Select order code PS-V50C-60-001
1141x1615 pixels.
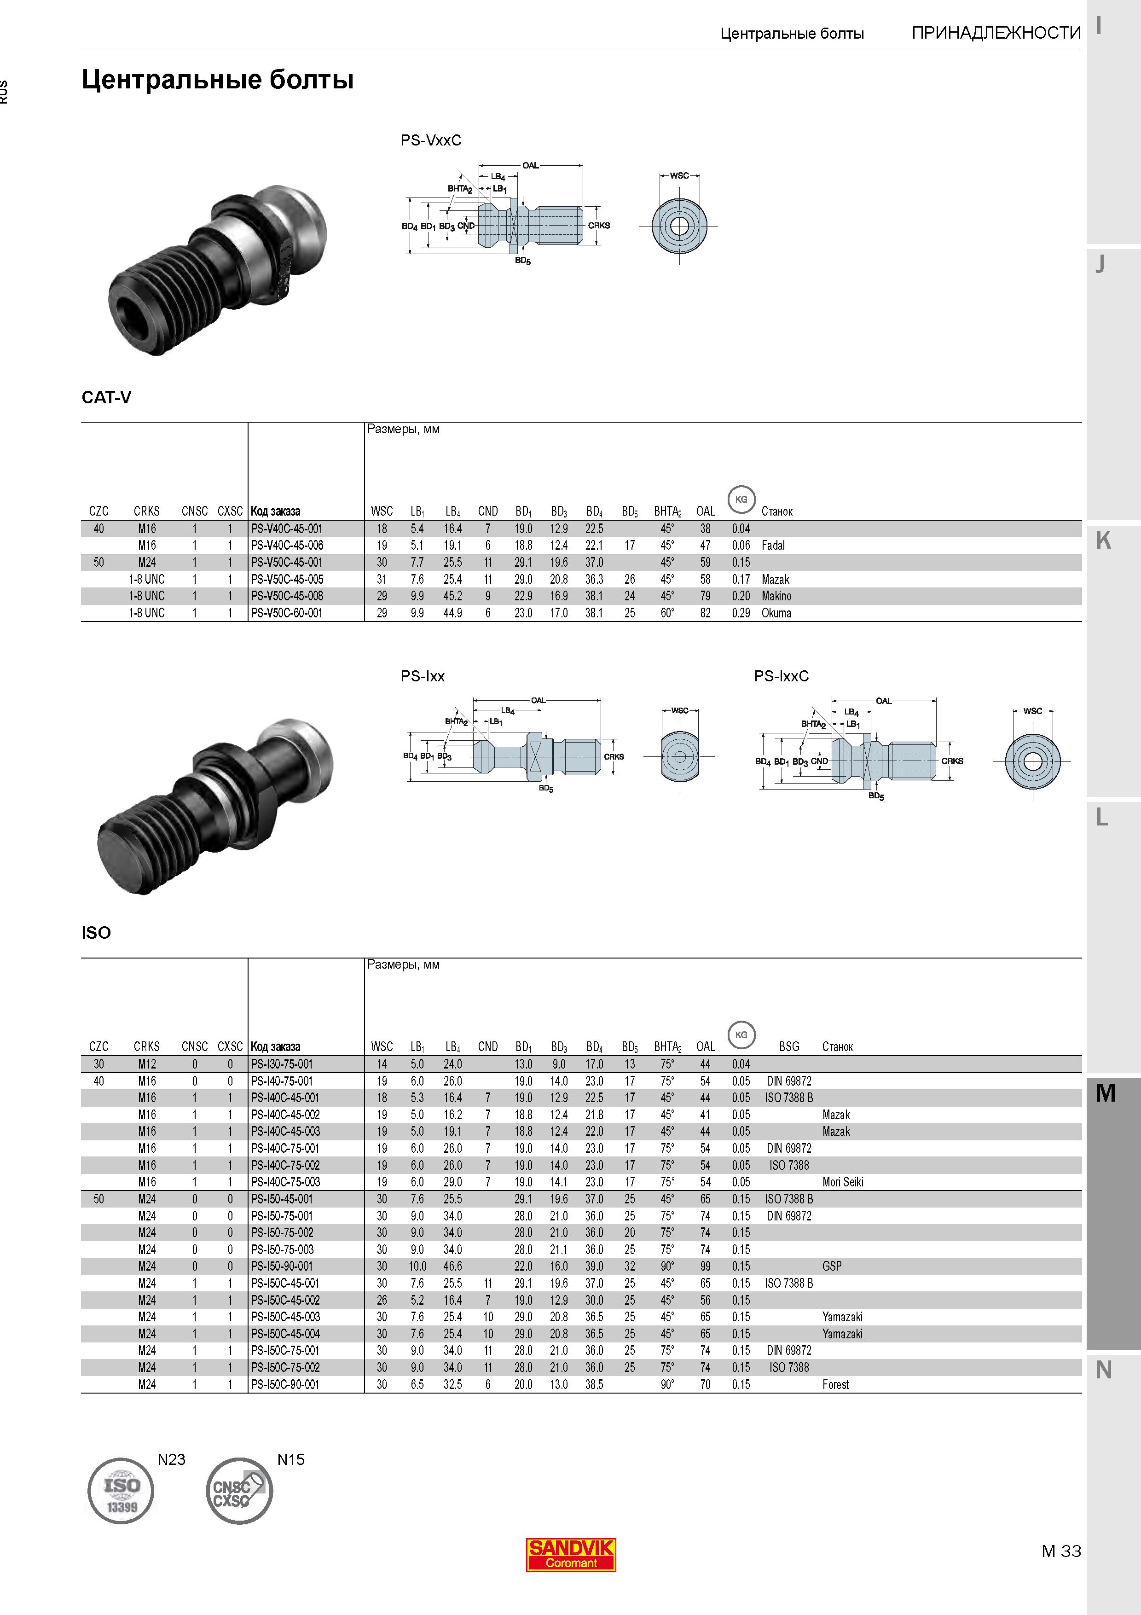(287, 613)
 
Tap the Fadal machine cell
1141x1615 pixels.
(773, 545)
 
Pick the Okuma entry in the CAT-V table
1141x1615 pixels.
(776, 613)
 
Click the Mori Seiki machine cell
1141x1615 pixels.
(842, 1182)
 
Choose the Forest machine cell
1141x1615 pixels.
(835, 1384)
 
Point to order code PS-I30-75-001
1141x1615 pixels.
(282, 1064)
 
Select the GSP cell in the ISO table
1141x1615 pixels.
(832, 1266)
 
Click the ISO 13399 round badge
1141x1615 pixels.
(121, 1490)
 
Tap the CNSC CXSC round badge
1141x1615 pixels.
(239, 1490)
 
